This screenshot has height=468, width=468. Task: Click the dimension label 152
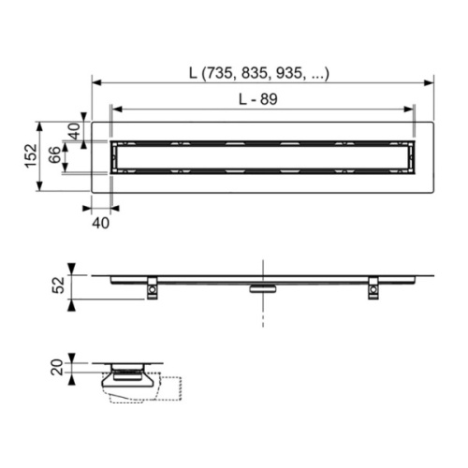coord(31,155)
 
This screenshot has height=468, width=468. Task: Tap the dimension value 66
coord(54,154)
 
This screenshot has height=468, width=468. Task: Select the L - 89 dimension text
coord(258,99)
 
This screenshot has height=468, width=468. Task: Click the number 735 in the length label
coord(220,74)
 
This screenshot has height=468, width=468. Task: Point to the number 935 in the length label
coord(289,74)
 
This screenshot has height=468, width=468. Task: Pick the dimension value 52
coord(59,285)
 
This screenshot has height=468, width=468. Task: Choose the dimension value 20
coord(58,368)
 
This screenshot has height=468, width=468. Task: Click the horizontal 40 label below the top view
coord(101,223)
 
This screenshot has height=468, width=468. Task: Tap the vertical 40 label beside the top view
coord(74,131)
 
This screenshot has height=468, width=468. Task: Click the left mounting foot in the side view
coord(152,288)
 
